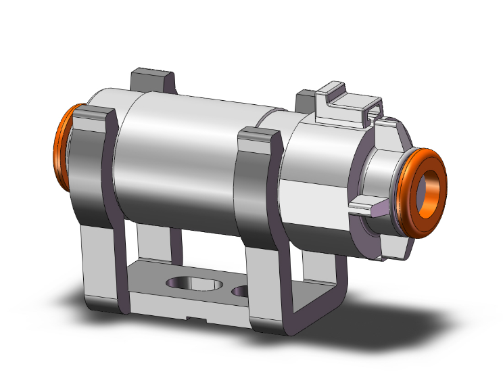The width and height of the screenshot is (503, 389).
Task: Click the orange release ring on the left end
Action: pos(61,149)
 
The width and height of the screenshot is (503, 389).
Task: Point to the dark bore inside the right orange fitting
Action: pos(431,187)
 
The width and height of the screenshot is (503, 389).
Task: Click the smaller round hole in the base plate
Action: pos(241,292)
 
